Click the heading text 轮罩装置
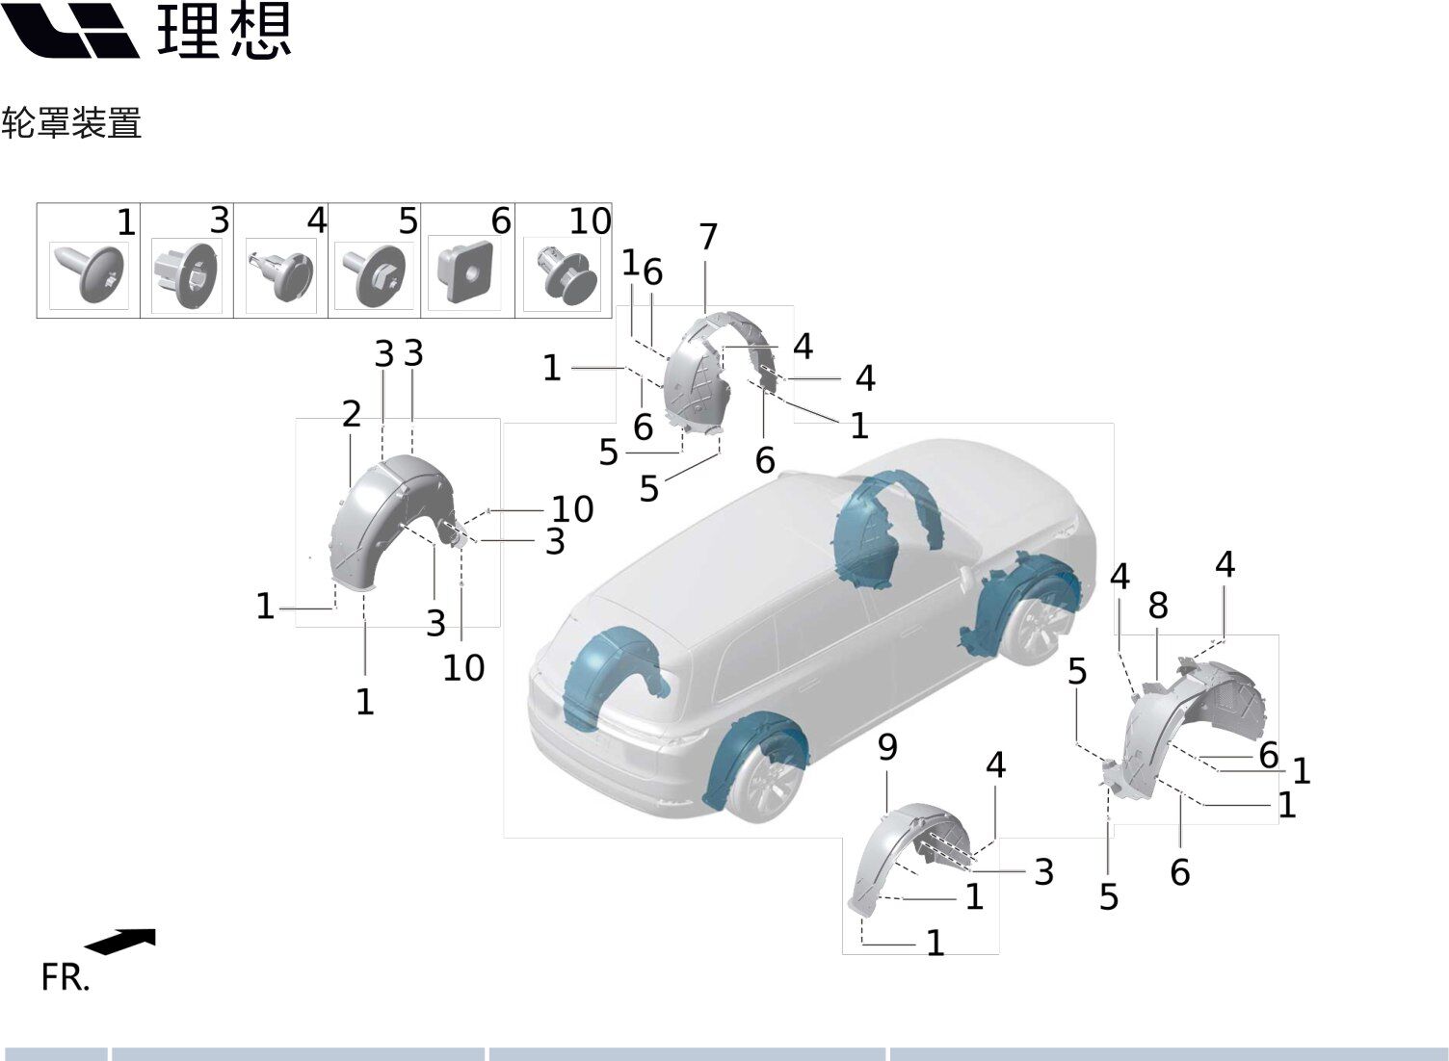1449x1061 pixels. click(71, 122)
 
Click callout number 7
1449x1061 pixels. click(708, 237)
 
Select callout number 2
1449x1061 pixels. click(352, 414)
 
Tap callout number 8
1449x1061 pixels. click(1158, 606)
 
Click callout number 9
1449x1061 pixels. click(887, 747)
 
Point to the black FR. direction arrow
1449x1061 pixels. click(121, 942)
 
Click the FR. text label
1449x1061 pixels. click(66, 977)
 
